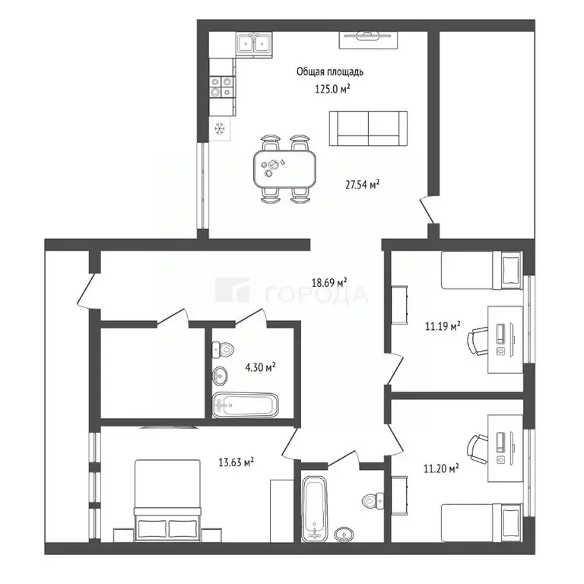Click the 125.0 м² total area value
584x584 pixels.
click(x=332, y=89)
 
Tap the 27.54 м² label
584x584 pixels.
click(x=362, y=184)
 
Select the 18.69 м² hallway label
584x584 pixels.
click(x=329, y=282)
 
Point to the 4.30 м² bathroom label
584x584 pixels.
click(x=260, y=367)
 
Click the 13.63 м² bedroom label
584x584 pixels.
click(x=236, y=462)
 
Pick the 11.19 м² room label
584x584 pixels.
click(x=443, y=326)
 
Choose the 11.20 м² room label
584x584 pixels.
click(x=441, y=468)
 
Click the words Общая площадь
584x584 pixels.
click(x=330, y=71)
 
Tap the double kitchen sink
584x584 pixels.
click(x=254, y=44)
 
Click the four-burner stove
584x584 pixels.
click(x=221, y=87)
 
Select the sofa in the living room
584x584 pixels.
click(x=368, y=128)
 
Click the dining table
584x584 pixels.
click(x=284, y=169)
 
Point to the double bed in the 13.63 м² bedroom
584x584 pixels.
click(x=167, y=500)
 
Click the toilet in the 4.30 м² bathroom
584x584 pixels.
click(x=223, y=349)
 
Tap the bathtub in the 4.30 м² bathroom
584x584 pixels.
click(x=245, y=405)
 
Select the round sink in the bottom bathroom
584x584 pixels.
click(x=344, y=535)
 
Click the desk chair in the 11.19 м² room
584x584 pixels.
click(x=478, y=341)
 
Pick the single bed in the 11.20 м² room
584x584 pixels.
click(x=481, y=522)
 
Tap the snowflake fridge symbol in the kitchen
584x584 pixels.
click(x=220, y=129)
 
